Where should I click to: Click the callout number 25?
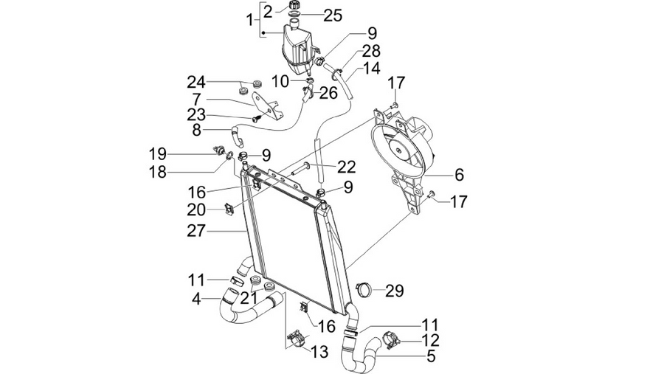(x=333, y=15)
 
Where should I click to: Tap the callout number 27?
(x=196, y=231)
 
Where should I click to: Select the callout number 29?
(x=394, y=291)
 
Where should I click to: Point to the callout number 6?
(x=460, y=174)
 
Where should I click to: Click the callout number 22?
(x=347, y=167)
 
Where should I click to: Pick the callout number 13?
(x=319, y=351)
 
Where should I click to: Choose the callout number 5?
(x=431, y=356)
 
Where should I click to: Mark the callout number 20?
(x=196, y=209)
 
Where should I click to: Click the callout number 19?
(x=157, y=153)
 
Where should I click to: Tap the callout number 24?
(x=196, y=82)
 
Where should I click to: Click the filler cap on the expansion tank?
(x=294, y=5)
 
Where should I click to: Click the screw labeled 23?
(x=256, y=119)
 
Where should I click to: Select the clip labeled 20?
(x=229, y=209)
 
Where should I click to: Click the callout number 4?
(x=196, y=299)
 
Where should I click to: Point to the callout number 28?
(x=371, y=51)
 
